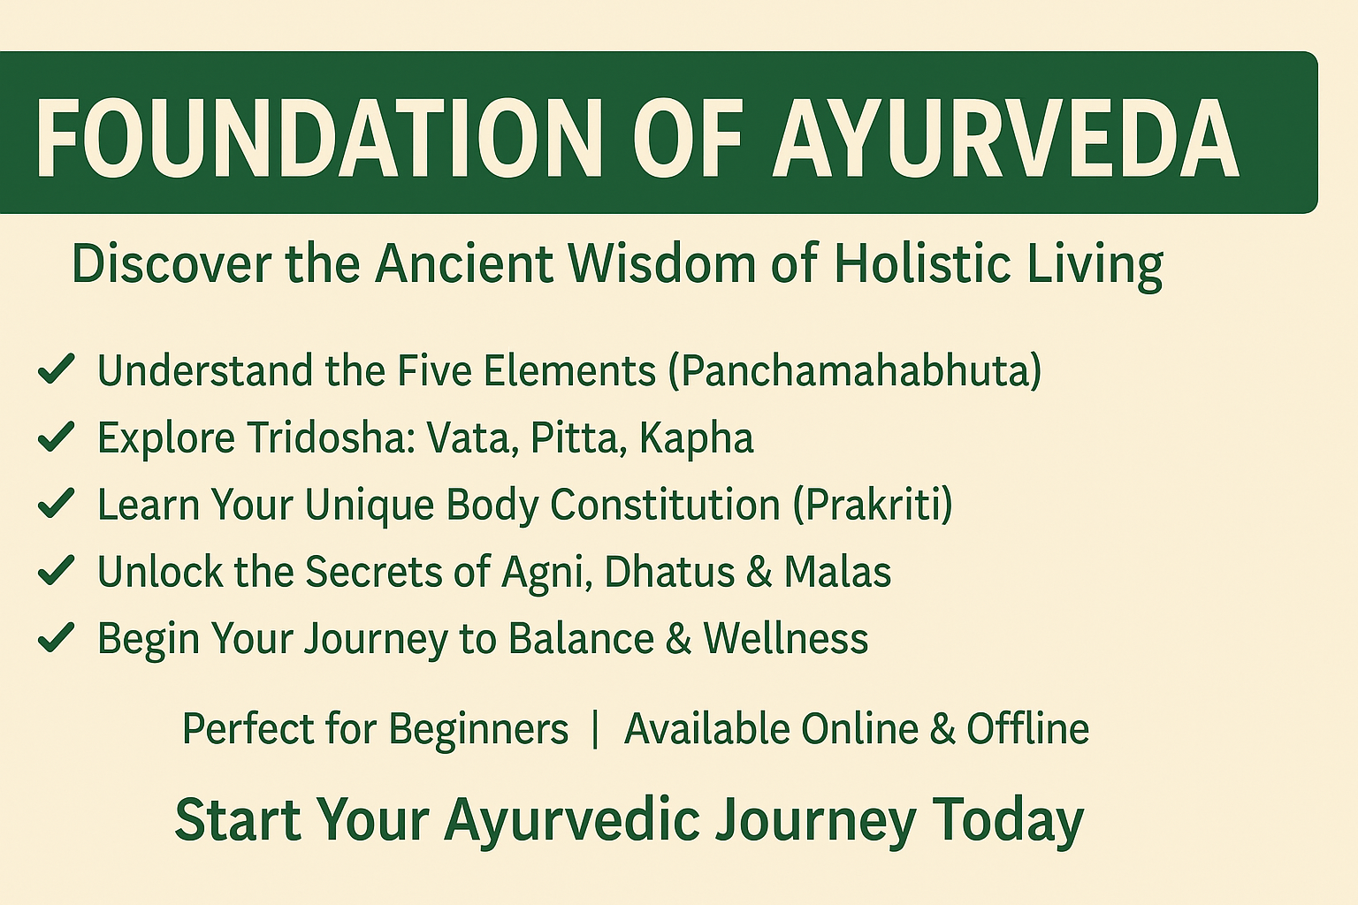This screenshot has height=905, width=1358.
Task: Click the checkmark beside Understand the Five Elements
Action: click(56, 369)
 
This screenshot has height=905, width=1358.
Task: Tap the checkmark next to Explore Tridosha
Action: click(56, 437)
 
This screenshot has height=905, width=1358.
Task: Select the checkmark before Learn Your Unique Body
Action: click(56, 504)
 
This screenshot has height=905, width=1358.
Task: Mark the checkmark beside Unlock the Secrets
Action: click(56, 571)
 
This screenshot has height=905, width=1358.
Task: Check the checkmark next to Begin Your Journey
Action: click(56, 638)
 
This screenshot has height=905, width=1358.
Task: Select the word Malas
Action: click(837, 572)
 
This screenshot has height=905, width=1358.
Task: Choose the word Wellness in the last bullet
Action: click(786, 639)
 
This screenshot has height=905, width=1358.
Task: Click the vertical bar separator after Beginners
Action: click(596, 729)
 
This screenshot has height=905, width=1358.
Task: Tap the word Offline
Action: click(1027, 729)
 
